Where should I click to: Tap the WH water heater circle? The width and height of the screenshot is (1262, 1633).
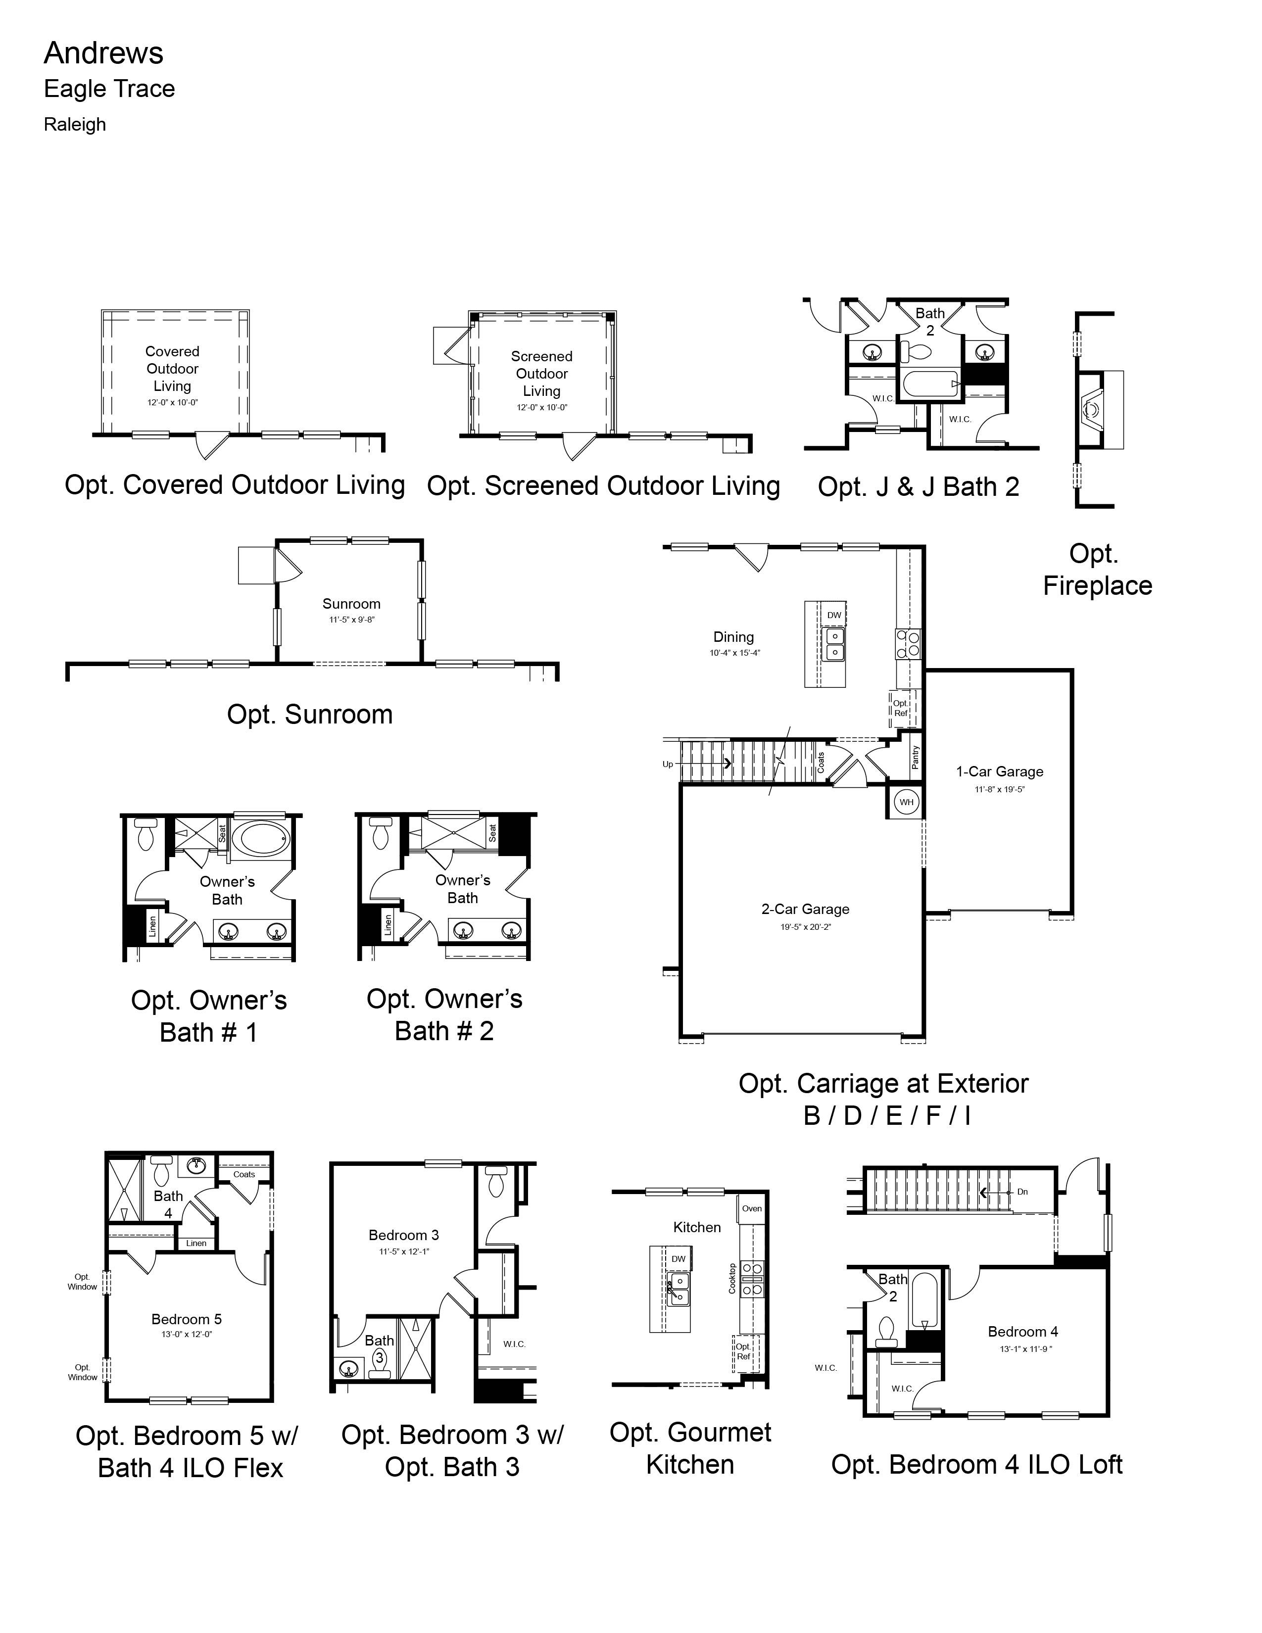coord(906,802)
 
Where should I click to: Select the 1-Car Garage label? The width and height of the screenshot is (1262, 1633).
coord(1000,771)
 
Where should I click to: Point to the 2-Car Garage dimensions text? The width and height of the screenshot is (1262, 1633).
coord(805,927)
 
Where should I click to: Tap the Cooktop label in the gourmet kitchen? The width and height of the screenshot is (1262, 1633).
coord(732,1279)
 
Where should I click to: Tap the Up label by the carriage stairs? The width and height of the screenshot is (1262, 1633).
coord(668,764)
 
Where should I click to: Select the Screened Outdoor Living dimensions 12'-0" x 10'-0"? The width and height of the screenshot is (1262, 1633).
coord(542,407)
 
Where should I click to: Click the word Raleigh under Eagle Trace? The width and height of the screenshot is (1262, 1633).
coord(75,124)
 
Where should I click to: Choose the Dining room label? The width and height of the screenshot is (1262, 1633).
coord(733,637)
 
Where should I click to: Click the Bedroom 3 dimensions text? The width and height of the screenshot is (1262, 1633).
coord(404,1251)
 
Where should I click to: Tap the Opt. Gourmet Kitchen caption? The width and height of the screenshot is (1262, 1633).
coord(690,1448)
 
